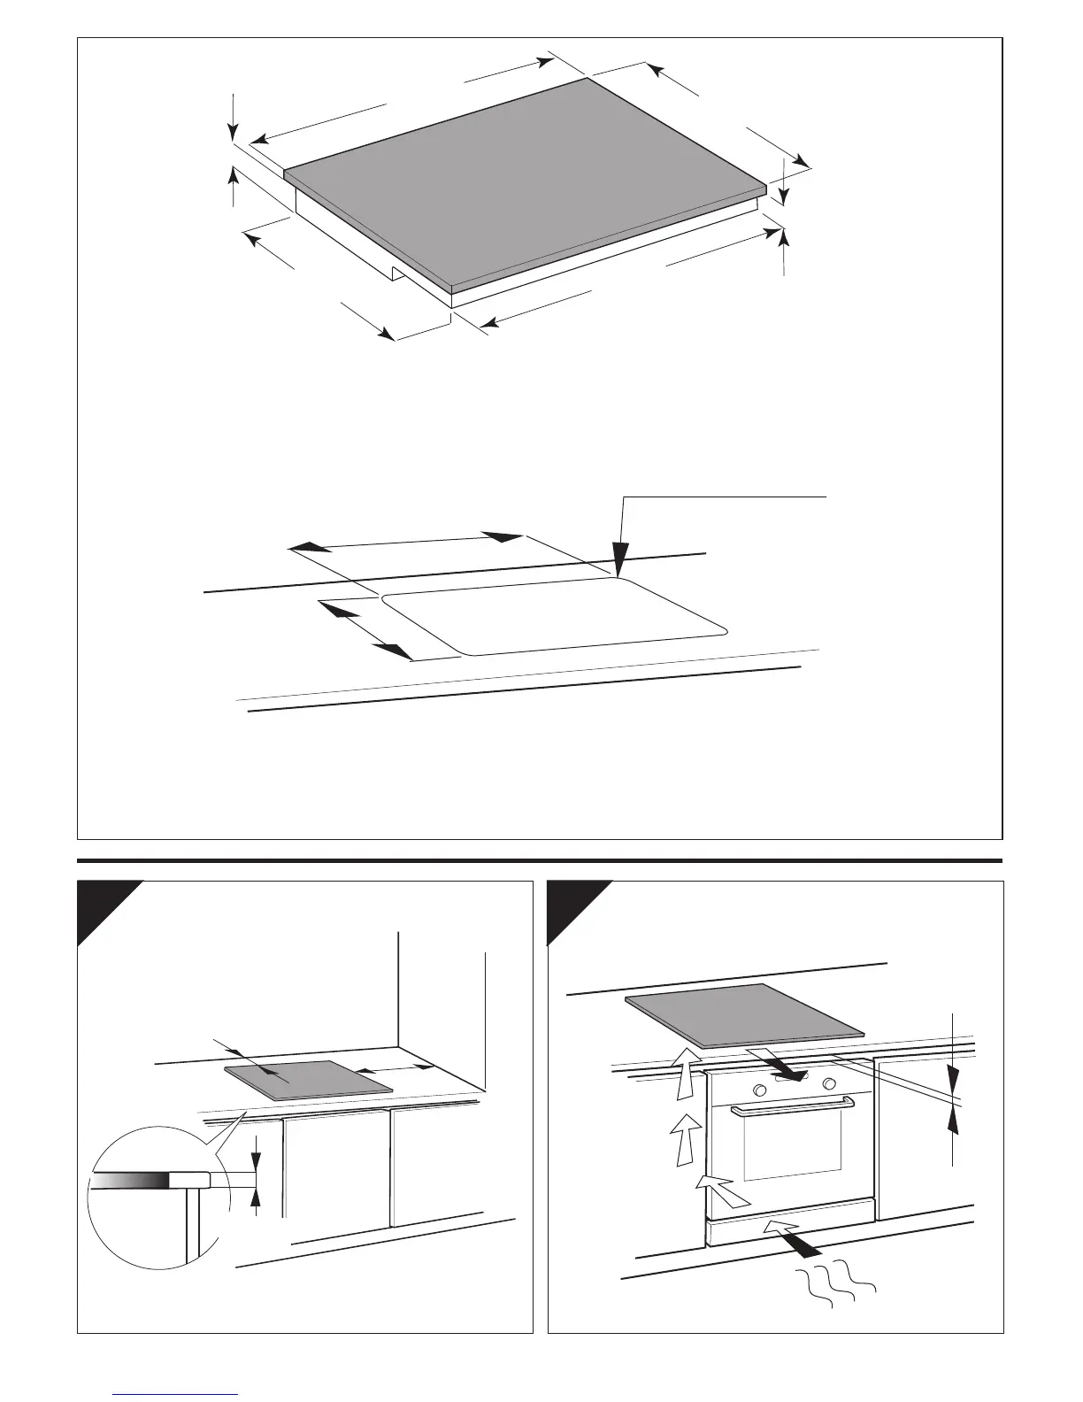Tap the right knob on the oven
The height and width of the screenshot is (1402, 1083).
pos(829,1084)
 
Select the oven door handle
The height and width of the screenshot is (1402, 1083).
pos(792,1106)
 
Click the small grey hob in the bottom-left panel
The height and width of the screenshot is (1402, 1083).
pos(308,1079)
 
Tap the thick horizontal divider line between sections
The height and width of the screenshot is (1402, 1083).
pos(540,860)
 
